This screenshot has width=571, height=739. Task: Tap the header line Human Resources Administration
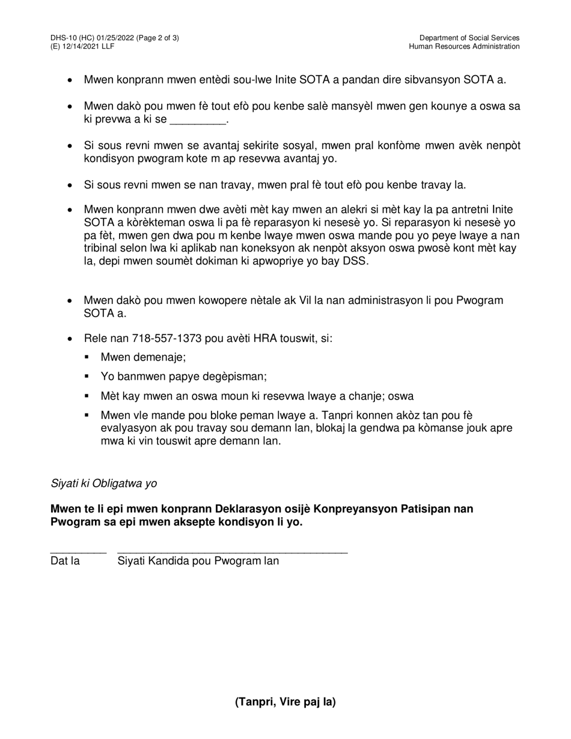click(465, 47)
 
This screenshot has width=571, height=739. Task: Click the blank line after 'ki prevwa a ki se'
click(198, 121)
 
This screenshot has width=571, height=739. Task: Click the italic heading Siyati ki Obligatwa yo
click(104, 484)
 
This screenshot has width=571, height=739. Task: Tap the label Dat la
click(66, 562)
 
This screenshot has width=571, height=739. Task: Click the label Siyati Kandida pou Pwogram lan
click(198, 562)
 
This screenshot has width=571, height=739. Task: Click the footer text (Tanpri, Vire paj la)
click(285, 702)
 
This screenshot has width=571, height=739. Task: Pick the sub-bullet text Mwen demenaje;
click(144, 357)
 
